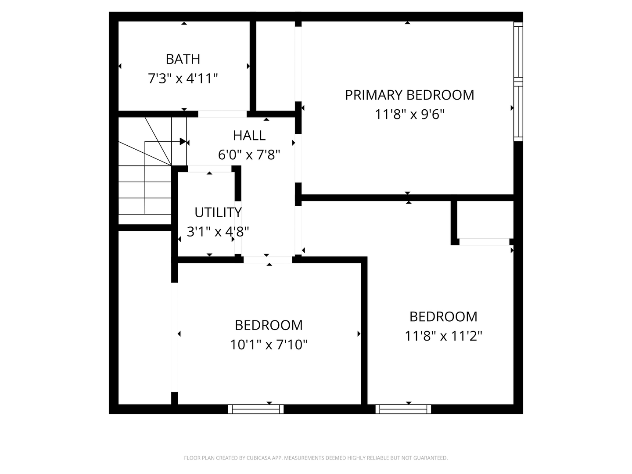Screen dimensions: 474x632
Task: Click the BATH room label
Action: (x=183, y=59)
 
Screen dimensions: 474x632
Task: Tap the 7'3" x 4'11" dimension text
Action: (x=183, y=79)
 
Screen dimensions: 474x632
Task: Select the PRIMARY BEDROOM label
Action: (x=409, y=95)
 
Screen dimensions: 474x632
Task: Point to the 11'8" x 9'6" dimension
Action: (x=409, y=115)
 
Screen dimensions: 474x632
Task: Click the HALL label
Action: (x=249, y=135)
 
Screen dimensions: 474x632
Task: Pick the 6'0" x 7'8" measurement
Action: (x=249, y=154)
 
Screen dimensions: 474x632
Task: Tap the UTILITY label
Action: (x=218, y=212)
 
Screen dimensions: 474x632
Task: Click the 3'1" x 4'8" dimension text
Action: (x=218, y=231)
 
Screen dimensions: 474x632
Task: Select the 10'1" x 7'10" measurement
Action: (x=269, y=345)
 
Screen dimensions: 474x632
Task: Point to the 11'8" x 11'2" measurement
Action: (x=443, y=336)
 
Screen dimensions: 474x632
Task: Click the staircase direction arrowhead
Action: (x=183, y=141)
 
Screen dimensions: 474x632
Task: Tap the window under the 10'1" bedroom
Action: (x=256, y=409)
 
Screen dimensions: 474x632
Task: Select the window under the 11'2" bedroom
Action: (x=403, y=409)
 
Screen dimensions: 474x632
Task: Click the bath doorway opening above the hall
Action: (x=222, y=114)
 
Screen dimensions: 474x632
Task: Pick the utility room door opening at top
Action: (x=210, y=169)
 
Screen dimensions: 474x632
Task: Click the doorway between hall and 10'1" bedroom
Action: (x=268, y=259)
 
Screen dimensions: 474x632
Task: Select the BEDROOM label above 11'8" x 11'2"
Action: (x=443, y=316)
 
